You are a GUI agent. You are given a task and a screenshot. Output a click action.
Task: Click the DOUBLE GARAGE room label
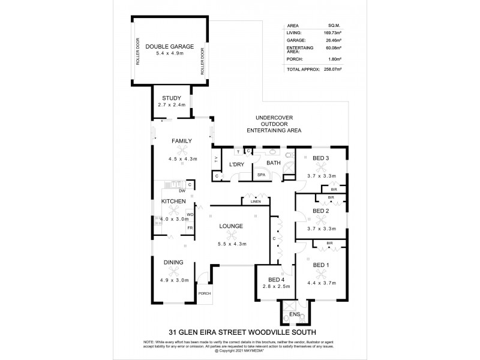click(169, 46)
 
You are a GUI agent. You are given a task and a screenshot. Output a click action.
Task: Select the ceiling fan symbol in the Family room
click(182, 151)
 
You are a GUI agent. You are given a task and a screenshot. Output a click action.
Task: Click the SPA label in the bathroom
click(262, 175)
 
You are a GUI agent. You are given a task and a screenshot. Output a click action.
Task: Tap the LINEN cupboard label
click(255, 202)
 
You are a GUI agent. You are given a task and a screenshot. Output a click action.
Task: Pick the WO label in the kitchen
click(190, 214)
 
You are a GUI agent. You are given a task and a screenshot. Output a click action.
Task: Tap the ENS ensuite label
click(294, 314)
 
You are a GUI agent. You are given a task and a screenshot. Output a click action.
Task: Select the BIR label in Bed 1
click(329, 243)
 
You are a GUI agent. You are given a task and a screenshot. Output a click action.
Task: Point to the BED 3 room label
click(321, 158)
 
